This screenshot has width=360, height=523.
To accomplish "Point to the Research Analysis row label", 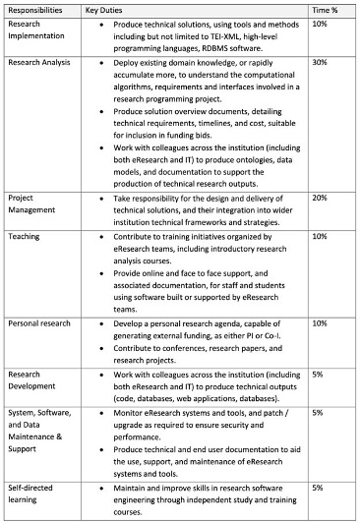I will coord(37,61).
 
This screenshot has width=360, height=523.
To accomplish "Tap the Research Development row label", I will coord(32,379).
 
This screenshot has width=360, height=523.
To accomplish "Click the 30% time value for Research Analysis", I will coord(320,61).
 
